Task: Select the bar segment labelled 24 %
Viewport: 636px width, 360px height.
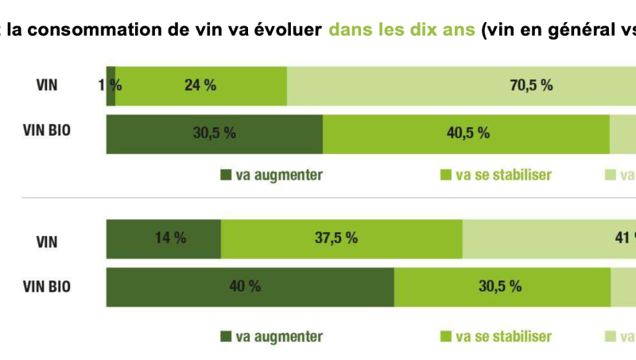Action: (x=200, y=86)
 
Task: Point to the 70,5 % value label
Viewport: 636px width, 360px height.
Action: (x=531, y=86)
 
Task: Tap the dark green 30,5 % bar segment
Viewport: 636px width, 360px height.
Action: (x=214, y=134)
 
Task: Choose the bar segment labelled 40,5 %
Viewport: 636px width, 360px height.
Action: (x=467, y=134)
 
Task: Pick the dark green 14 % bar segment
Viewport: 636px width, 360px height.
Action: (x=164, y=238)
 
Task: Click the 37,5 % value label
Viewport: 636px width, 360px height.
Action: (x=335, y=238)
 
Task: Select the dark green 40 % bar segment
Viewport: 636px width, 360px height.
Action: (x=250, y=287)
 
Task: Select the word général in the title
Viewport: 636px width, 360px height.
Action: (x=573, y=32)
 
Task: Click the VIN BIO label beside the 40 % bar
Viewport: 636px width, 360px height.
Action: (x=47, y=286)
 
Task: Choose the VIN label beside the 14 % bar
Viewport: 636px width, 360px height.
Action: (x=47, y=238)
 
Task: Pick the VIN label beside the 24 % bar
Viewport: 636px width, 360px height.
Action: (x=47, y=85)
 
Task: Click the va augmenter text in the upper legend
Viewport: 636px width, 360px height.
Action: (x=279, y=175)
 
